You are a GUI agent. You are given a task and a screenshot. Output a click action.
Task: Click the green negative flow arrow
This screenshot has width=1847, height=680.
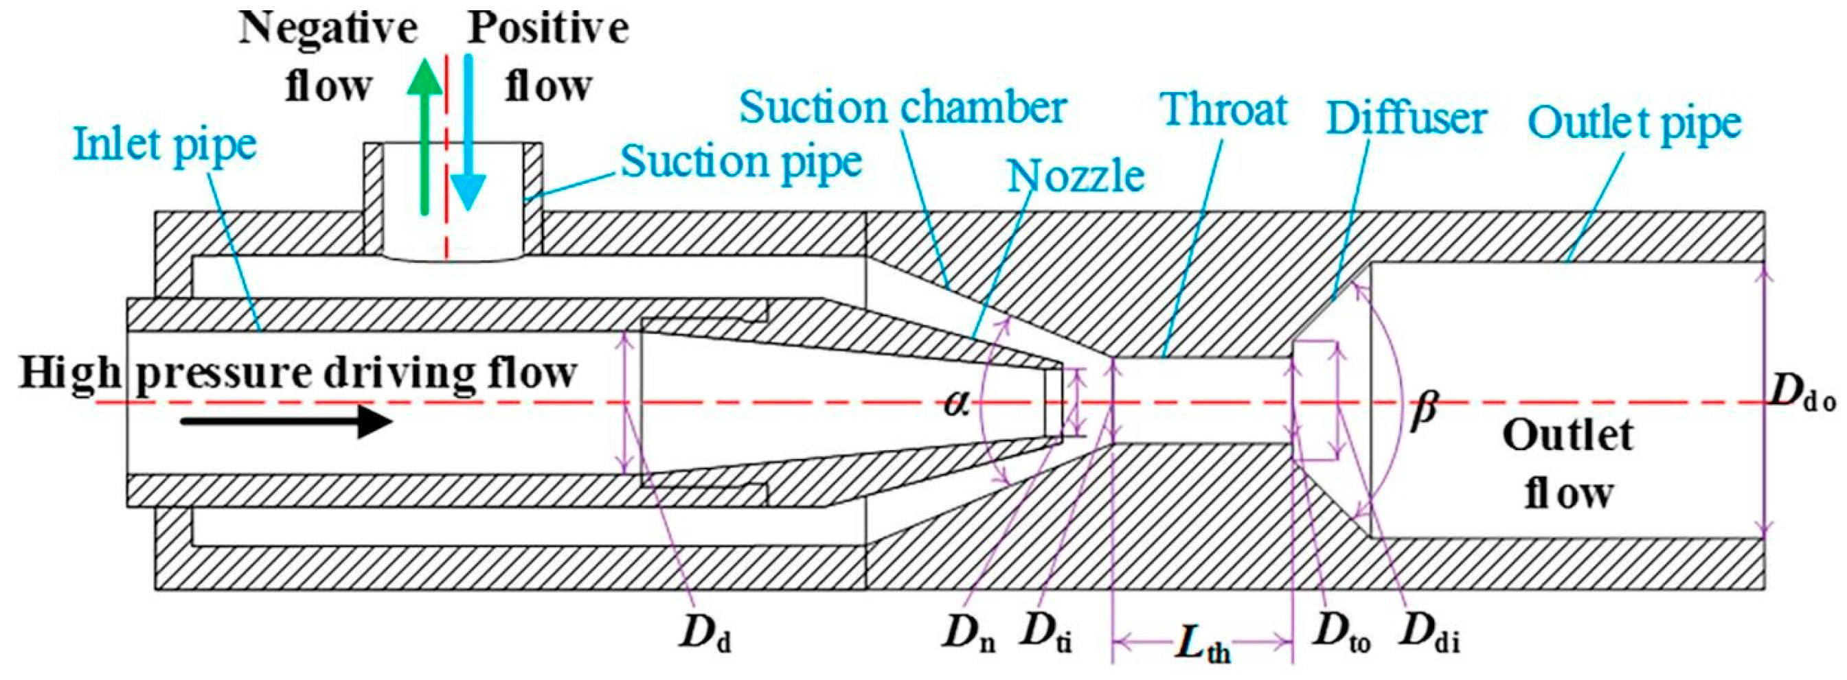click(x=425, y=136)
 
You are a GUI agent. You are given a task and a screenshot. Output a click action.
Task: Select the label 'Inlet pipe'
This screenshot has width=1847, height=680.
click(x=166, y=145)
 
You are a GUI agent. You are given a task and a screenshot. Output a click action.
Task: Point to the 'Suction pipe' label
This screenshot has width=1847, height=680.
click(x=740, y=163)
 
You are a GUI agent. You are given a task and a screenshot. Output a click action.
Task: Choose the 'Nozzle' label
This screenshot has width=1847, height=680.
click(x=1076, y=176)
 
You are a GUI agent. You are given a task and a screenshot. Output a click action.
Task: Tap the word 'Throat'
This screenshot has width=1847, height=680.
click(x=1225, y=110)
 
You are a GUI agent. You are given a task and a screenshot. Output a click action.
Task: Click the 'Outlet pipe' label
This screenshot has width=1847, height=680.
click(x=1634, y=124)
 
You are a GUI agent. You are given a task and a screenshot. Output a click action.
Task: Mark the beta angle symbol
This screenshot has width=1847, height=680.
click(x=1423, y=411)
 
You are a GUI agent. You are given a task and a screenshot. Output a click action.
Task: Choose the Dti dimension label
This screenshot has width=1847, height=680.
click(x=1047, y=631)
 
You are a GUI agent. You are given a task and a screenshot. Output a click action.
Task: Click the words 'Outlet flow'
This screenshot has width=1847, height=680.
click(x=1568, y=465)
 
